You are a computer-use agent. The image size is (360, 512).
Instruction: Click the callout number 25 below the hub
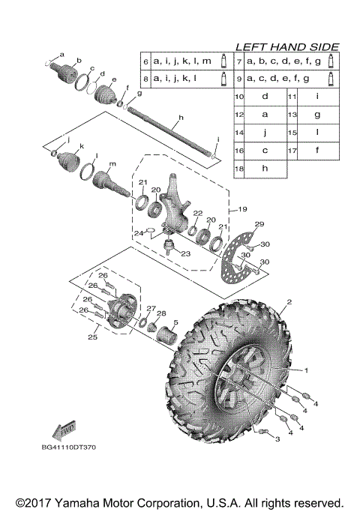tap(93, 337)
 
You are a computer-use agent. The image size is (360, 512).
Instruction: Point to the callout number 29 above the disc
tap(259, 225)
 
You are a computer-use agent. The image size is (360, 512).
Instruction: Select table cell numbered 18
tap(239, 169)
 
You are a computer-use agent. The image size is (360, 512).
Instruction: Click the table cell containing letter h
tap(265, 169)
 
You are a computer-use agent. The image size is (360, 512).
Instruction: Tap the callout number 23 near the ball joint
tap(184, 253)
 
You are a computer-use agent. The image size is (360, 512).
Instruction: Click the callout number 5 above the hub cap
tap(174, 323)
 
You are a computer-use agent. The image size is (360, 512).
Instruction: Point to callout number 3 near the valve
tap(277, 439)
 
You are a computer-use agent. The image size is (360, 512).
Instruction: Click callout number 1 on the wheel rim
tap(305, 370)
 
